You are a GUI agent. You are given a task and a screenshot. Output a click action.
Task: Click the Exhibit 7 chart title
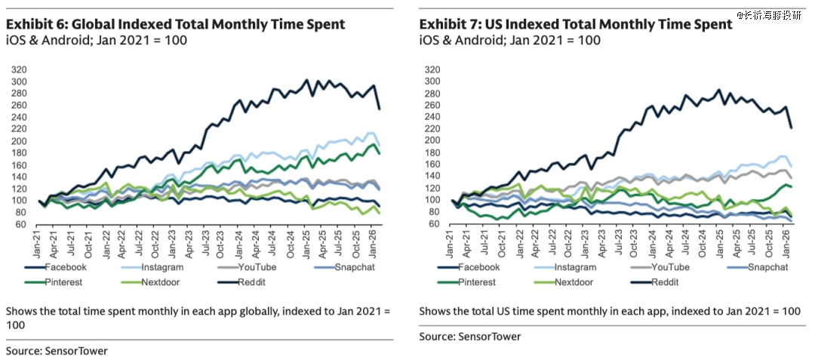point(576,24)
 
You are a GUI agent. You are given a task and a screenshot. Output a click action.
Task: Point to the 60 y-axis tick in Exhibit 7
point(433,224)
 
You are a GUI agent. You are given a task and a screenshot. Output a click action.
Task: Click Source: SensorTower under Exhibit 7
point(470,336)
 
